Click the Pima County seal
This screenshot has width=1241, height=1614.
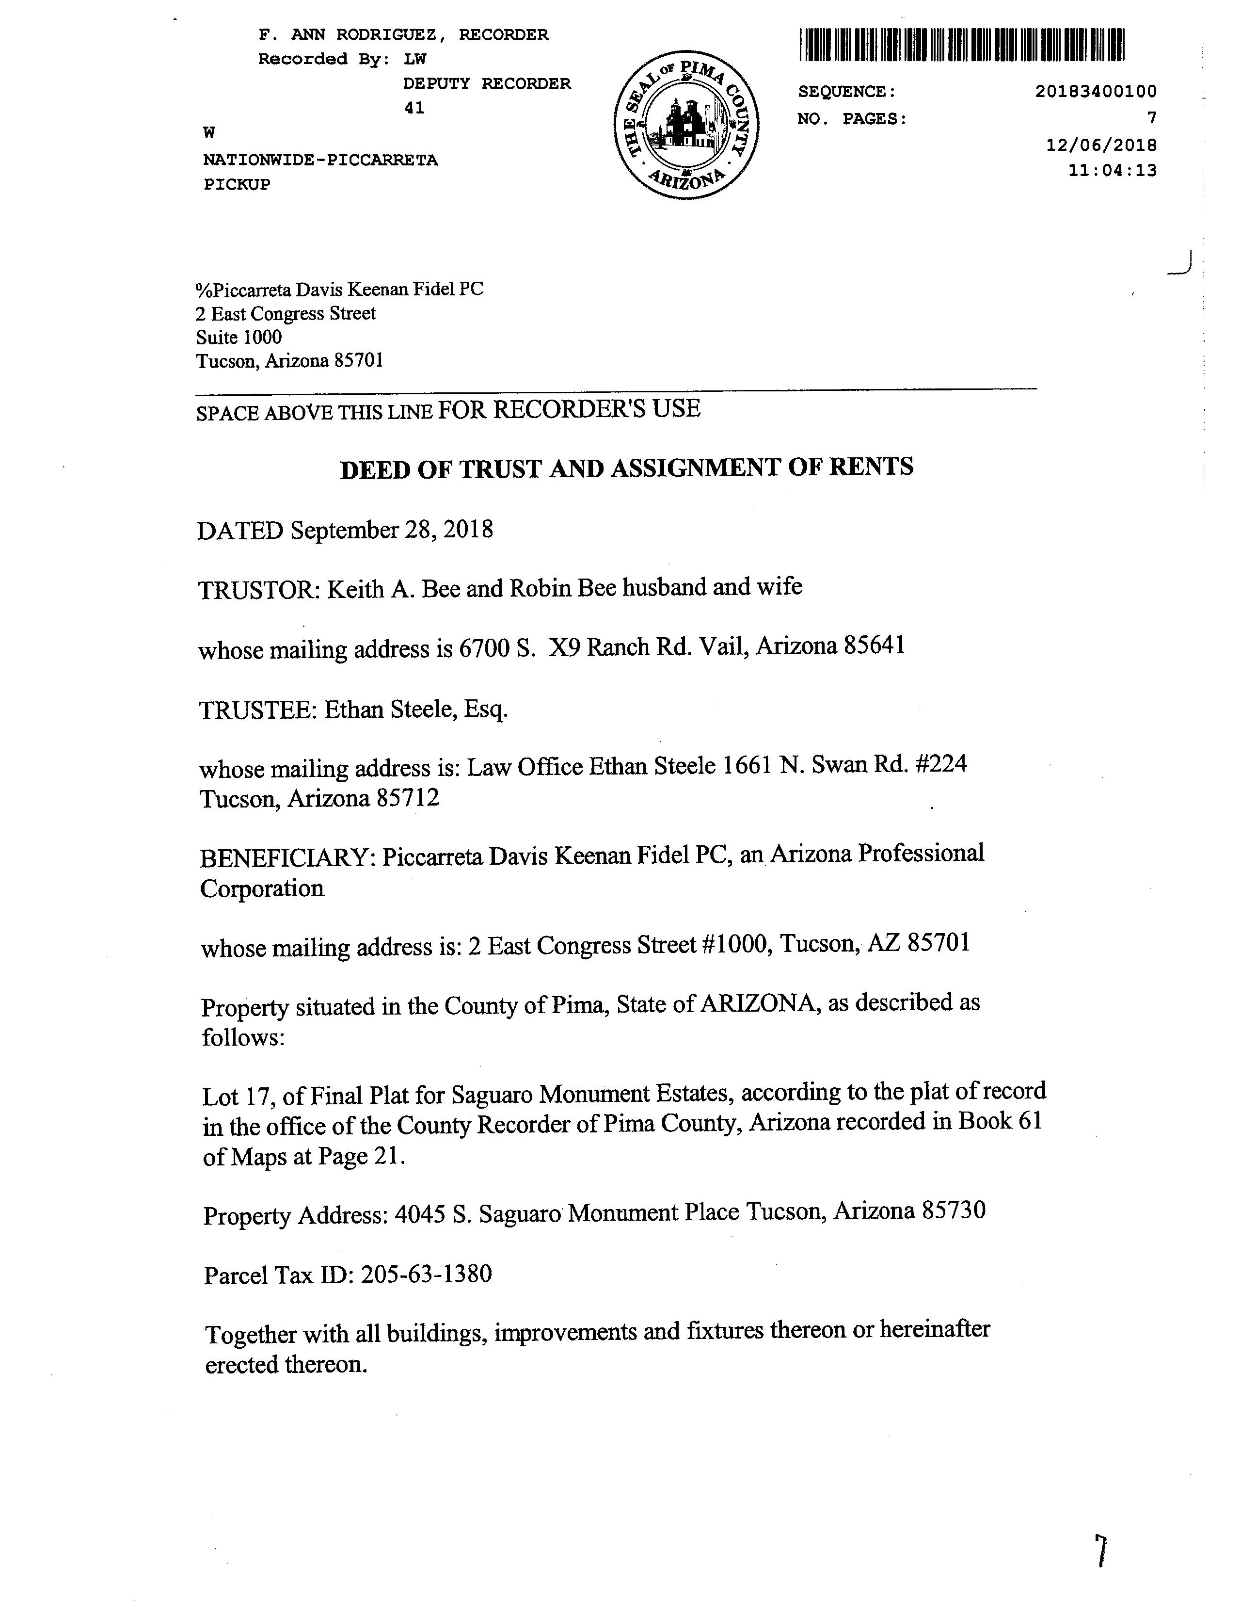[686, 125]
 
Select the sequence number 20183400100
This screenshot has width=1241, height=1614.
[1096, 92]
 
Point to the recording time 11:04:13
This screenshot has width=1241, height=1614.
[1112, 171]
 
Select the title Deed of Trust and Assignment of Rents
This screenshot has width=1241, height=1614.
[626, 468]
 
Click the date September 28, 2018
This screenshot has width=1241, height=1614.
[392, 530]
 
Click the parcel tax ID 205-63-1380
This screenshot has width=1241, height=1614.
[426, 1274]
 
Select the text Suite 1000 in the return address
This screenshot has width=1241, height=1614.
[239, 338]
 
